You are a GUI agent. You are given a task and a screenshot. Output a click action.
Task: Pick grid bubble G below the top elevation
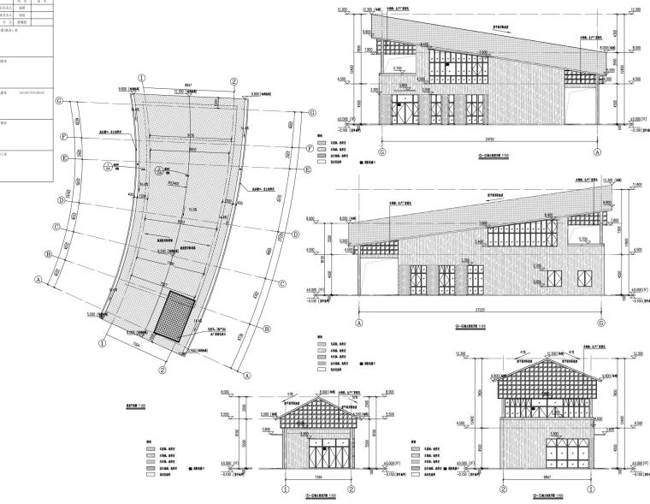coord(381,151)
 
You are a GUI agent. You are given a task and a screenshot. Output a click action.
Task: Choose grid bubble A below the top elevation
coord(597,151)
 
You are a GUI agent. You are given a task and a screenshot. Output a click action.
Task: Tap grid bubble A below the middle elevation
coord(359,323)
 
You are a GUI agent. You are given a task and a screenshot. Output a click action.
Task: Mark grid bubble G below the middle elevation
coord(601,323)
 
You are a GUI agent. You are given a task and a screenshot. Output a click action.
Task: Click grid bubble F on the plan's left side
coord(63,136)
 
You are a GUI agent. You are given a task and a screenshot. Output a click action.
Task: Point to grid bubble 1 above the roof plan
coord(143,77)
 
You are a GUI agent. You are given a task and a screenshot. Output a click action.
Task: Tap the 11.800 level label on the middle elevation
coord(635,184)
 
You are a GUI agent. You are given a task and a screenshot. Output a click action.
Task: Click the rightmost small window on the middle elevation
coord(586,277)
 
